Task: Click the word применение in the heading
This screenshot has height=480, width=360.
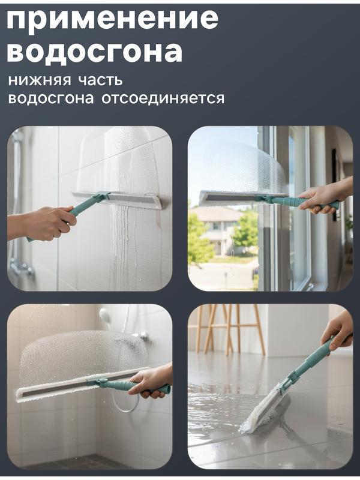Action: tap(112, 19)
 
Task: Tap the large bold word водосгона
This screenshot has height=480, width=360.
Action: tap(95, 52)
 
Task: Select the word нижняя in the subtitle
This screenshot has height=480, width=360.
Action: tap(37, 80)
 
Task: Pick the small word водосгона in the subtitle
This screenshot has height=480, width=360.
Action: tap(51, 98)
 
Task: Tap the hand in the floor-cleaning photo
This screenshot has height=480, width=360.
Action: tap(338, 329)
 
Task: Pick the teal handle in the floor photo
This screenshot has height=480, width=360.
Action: tap(312, 360)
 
